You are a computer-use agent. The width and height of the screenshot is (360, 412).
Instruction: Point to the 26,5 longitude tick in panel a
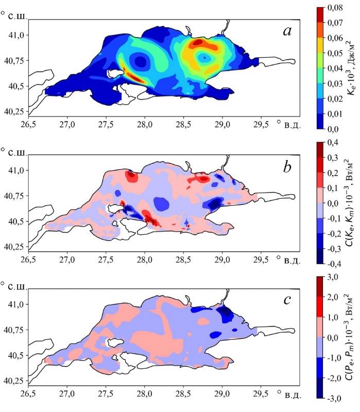click(28, 125)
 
